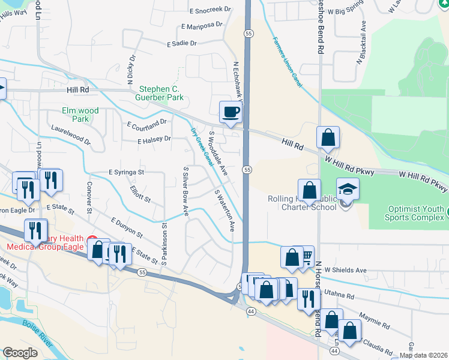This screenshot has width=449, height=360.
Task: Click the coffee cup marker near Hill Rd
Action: (x=231, y=111)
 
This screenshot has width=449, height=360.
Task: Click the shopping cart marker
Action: (x=306, y=257)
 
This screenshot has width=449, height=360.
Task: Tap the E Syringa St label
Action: (x=127, y=172)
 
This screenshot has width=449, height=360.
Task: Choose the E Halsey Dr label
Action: (x=154, y=140)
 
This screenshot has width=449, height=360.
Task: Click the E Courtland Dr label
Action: (x=146, y=124)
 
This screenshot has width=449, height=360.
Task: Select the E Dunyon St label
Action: (x=127, y=229)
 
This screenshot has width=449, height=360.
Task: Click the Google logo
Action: (x=20, y=353)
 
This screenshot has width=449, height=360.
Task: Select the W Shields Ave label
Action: (x=345, y=271)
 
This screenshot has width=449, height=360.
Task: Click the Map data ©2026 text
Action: (x=423, y=355)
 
